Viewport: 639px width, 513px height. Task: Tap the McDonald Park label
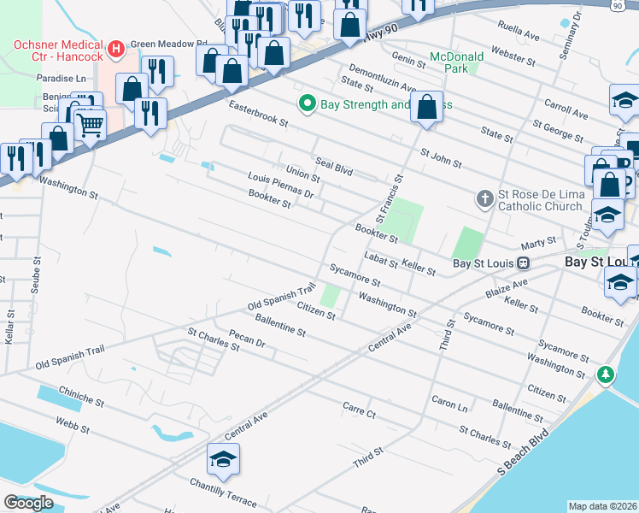[x=456, y=62]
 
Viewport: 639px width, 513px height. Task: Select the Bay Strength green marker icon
[x=308, y=104]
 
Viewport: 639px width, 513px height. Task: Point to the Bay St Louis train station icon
[x=527, y=262]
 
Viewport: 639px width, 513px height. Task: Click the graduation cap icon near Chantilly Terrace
[x=223, y=459]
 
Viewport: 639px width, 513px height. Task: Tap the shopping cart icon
[x=90, y=126]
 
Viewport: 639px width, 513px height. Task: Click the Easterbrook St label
[x=258, y=114]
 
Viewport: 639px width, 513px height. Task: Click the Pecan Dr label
[x=248, y=340]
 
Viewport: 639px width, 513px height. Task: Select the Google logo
[x=28, y=503]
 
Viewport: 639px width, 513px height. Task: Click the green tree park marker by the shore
[x=606, y=374]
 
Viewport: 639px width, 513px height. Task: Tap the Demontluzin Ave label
[x=381, y=81]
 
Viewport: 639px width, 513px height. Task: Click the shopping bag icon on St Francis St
[x=427, y=108]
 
